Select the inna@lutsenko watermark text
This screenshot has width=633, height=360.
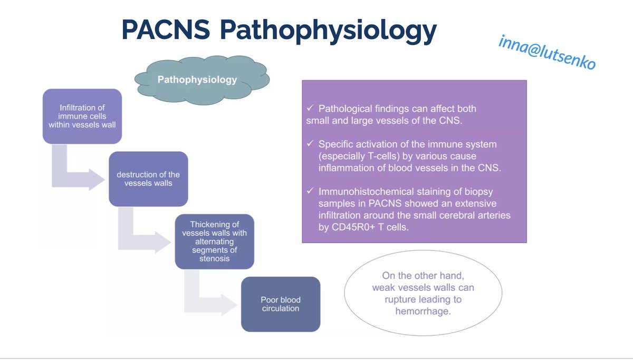547,53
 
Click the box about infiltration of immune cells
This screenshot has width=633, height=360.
82,116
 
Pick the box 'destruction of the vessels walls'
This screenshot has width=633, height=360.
148,179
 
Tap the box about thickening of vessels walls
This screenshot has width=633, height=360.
214,241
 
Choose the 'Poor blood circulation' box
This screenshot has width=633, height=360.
281,304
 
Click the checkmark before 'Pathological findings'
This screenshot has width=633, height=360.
310,109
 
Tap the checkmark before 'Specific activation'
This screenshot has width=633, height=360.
310,144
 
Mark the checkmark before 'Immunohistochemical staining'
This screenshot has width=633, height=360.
310,192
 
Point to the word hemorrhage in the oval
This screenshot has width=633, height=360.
423,311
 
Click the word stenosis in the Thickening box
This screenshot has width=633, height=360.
214,258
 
